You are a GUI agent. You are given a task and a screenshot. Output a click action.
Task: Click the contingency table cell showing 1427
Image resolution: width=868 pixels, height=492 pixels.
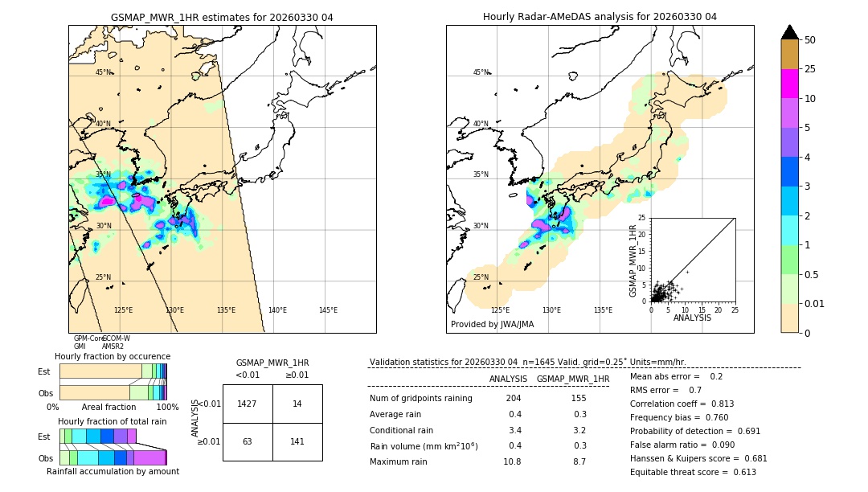coord(247,404)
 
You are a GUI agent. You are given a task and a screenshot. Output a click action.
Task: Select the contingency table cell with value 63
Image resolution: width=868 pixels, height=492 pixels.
coord(247,441)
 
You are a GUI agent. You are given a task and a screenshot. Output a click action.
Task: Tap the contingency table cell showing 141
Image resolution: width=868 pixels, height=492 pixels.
coord(297,441)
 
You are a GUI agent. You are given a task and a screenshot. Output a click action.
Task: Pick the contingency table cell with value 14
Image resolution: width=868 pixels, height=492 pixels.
coord(297,404)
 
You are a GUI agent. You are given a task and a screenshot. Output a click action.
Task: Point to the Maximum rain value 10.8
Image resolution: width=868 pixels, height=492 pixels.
coord(512,462)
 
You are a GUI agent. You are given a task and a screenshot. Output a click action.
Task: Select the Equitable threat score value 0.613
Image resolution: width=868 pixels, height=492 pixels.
coord(740,473)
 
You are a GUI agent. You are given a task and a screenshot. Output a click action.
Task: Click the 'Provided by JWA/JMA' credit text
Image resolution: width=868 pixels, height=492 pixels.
coord(492,325)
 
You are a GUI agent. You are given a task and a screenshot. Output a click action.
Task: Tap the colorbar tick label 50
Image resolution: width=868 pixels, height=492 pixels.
coord(810,40)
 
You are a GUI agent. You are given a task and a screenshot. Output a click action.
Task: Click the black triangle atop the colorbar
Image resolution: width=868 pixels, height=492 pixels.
coord(790,32)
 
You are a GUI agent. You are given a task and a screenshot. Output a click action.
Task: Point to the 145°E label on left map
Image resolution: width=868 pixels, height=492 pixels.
coord(328,310)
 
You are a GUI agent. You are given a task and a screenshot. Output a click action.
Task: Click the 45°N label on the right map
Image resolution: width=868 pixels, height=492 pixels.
coord(481,72)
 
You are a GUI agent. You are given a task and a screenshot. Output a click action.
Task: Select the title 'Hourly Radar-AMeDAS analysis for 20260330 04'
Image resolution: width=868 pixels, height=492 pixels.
coord(600,17)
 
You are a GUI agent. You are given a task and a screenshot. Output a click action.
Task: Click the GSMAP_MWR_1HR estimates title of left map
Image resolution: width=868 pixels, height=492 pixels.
coord(222,17)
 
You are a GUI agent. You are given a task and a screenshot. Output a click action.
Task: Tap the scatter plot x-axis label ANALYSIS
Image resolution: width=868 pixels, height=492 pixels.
coord(692,318)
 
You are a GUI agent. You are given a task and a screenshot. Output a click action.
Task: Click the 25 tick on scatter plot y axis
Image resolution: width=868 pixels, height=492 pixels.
coord(642,218)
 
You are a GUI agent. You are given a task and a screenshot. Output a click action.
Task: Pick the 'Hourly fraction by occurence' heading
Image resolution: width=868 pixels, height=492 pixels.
coord(113,356)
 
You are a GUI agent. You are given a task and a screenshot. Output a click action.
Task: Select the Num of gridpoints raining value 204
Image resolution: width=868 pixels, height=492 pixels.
coord(514,399)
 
